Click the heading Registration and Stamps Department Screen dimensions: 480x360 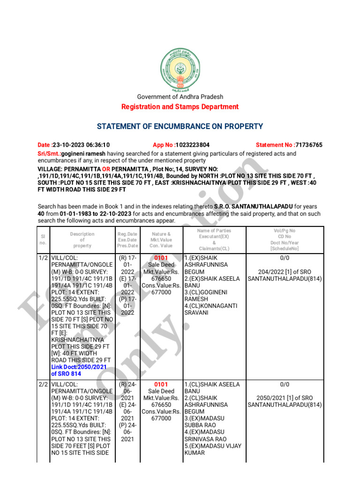pyautogui.click(x=180, y=107)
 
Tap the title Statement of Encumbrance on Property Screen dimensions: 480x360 pyautogui.click(x=180, y=127)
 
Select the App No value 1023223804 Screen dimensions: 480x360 pyautogui.click(x=192, y=145)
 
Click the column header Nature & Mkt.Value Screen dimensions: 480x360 pyautogui.click(x=161, y=237)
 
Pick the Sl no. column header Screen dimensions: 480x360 pyautogui.click(x=43, y=240)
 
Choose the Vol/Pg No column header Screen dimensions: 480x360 pyautogui.click(x=285, y=231)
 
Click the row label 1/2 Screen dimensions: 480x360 pyautogui.click(x=43, y=258)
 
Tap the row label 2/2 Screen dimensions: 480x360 pyautogui.click(x=43, y=384)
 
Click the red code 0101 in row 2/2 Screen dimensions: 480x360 pyautogui.click(x=161, y=384)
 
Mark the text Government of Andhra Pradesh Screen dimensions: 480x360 pyautogui.click(x=180, y=97)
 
